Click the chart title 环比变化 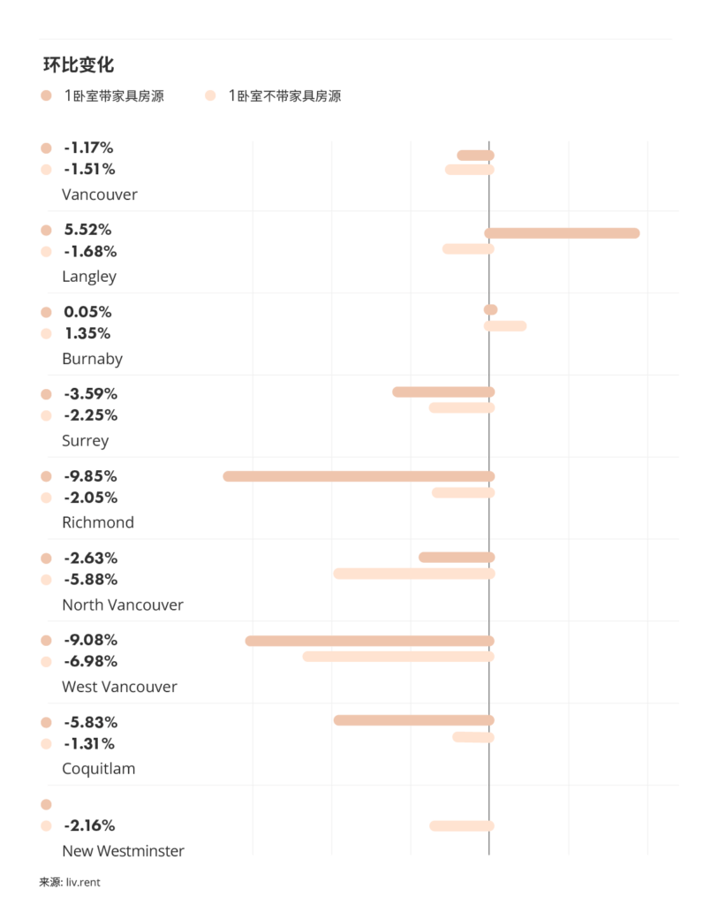tap(79, 65)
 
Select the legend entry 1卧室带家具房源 tap(113, 95)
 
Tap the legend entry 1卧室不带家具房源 tap(284, 95)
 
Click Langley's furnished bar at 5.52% tap(563, 233)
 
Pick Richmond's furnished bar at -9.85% tap(359, 476)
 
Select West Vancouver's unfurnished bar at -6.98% tap(398, 657)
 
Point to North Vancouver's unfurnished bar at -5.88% tap(413, 574)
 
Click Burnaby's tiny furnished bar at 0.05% tap(491, 309)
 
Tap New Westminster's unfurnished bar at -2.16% tap(461, 825)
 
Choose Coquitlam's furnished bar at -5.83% tap(413, 720)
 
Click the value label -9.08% tap(90, 640)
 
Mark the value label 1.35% tap(87, 333)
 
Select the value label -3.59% tap(90, 393)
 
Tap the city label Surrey tap(85, 440)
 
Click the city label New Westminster tap(123, 851)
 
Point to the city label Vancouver tap(99, 194)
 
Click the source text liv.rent tap(84, 881)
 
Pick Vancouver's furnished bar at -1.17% tap(475, 156)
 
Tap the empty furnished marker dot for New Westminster tap(47, 804)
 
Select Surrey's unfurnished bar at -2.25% tap(461, 407)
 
